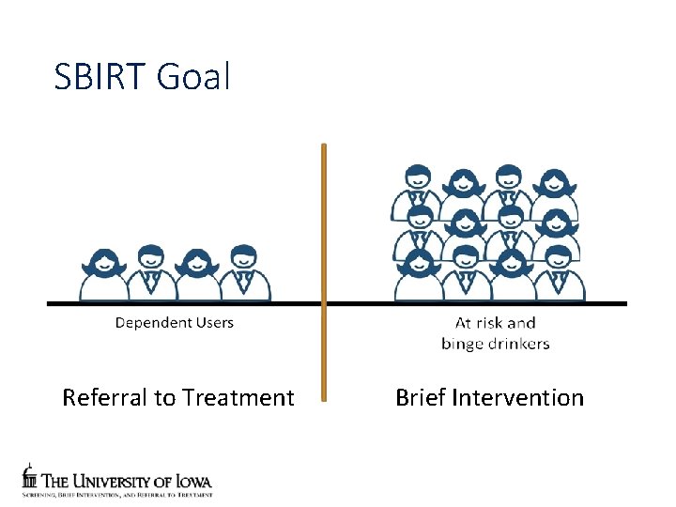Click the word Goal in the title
tap(194, 77)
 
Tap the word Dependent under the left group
tap(153, 323)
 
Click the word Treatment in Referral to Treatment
tap(239, 398)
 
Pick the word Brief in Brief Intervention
tap(420, 398)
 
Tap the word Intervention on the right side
tap(517, 398)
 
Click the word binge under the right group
tap(463, 344)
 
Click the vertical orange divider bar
tap(324, 272)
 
